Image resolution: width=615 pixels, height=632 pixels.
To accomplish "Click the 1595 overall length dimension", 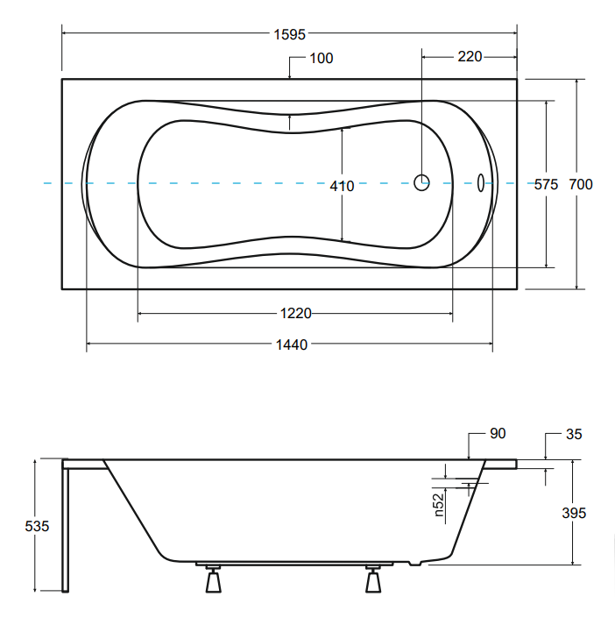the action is click(290, 34).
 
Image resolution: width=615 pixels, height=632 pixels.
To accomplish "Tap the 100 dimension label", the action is click(321, 58).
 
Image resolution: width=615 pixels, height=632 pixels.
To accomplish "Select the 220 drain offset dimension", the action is click(470, 56).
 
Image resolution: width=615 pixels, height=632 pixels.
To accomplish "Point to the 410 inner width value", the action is click(342, 186).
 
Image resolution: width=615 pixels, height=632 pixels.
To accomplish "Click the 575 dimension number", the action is click(546, 184).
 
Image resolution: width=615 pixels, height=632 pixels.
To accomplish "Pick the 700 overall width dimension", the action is click(581, 184).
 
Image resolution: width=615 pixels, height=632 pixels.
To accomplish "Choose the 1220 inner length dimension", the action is click(295, 313).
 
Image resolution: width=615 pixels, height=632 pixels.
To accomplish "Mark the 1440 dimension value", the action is click(292, 344).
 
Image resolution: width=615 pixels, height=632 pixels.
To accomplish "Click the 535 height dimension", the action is click(37, 526).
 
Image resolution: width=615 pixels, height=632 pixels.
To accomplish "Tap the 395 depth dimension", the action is click(574, 513).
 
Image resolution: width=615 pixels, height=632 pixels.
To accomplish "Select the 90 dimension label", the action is click(498, 433).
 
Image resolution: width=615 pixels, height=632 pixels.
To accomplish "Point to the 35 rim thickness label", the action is click(574, 434).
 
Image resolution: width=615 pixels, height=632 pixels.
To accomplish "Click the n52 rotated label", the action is click(439, 505).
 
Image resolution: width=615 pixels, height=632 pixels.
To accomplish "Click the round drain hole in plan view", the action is click(421, 182).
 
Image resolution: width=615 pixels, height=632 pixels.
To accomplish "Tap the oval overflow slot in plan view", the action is click(480, 183).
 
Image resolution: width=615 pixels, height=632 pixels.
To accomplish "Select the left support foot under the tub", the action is click(214, 579).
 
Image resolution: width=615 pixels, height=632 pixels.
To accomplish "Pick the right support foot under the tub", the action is click(373, 579).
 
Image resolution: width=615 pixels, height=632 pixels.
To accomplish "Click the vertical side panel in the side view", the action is click(65, 526).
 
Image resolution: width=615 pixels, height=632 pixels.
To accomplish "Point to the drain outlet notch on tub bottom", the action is click(415, 563).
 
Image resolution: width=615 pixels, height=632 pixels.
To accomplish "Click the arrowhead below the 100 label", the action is click(290, 75).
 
